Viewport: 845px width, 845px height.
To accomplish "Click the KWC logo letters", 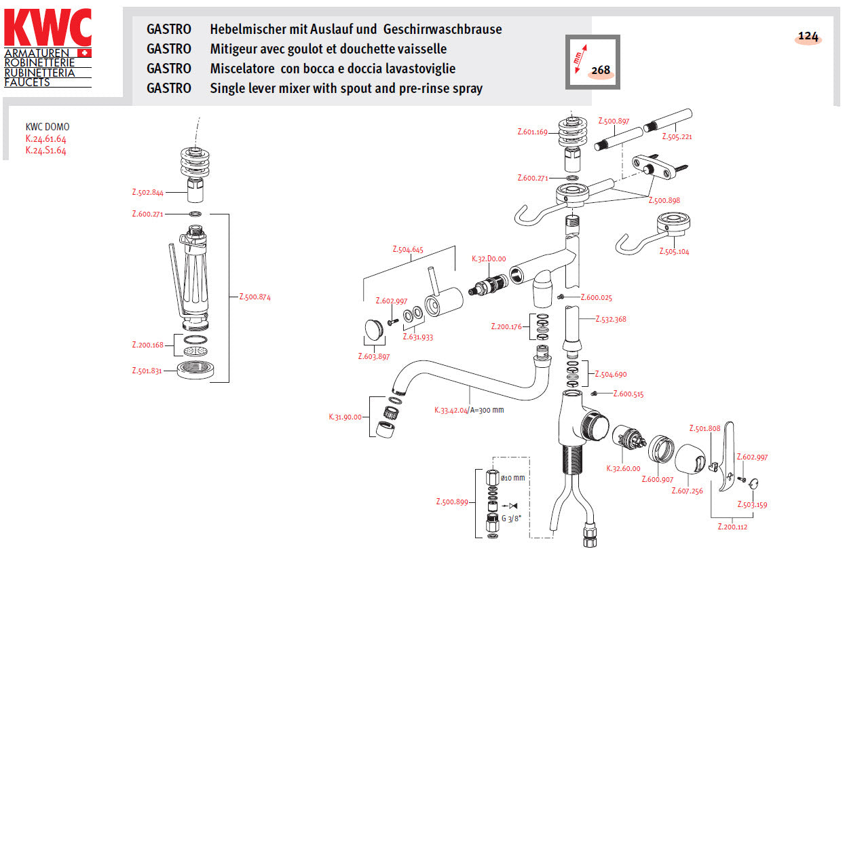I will (x=48, y=28).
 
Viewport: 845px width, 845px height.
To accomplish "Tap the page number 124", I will (x=808, y=37).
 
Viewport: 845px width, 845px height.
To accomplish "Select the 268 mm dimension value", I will (x=601, y=70).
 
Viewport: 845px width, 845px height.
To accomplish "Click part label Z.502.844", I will (x=147, y=193).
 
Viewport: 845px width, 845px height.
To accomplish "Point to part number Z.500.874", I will (x=255, y=297).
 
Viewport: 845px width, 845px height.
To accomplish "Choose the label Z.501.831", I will (x=147, y=371).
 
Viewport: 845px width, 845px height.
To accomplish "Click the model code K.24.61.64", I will (x=46, y=139).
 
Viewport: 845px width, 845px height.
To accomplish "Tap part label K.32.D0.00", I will (x=489, y=259).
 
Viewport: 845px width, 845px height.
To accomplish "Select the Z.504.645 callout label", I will (x=408, y=250).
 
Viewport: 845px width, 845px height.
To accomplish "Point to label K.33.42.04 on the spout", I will (x=451, y=411).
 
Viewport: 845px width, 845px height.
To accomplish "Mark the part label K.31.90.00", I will (x=345, y=417).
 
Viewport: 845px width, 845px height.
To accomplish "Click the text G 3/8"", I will (x=511, y=519).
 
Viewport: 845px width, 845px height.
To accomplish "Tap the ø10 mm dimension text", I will (x=512, y=478).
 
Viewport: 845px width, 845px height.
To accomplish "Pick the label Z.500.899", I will (x=452, y=502).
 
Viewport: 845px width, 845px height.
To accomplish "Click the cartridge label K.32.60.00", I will (x=623, y=469).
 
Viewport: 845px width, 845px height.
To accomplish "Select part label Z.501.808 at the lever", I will (x=705, y=429).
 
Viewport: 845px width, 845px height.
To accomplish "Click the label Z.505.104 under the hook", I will (x=674, y=252).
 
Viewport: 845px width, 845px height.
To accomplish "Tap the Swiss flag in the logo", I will (x=84, y=53).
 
